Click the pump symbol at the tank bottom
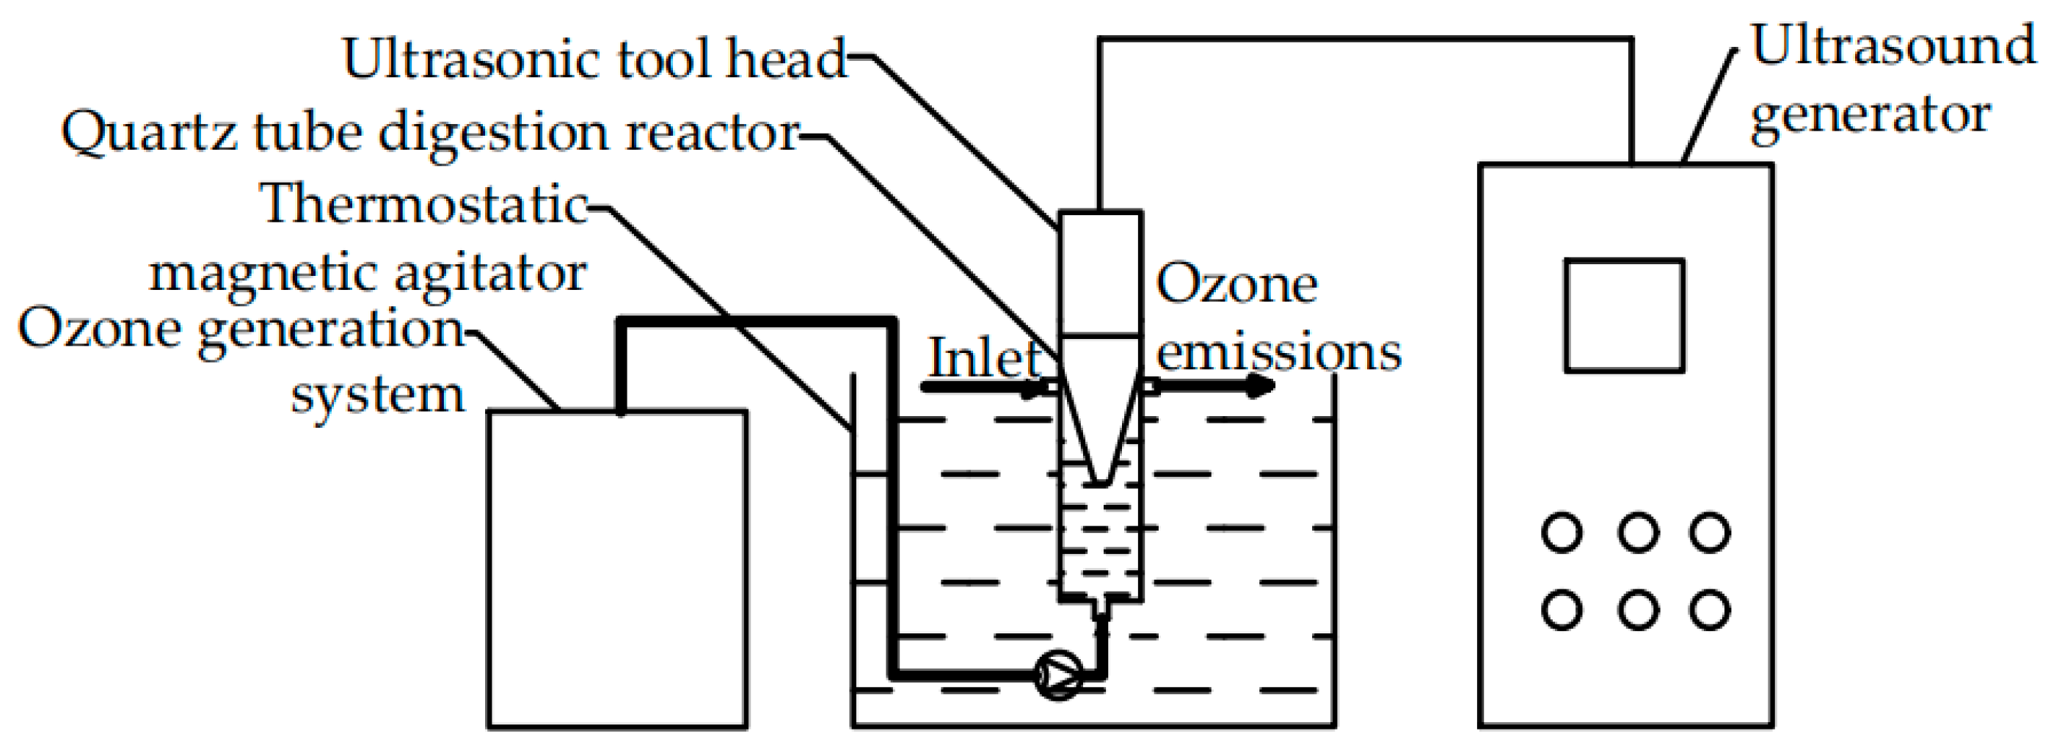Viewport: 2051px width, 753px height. (x=1057, y=676)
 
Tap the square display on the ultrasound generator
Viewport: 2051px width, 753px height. (x=1623, y=315)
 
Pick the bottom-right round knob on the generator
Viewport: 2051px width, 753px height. (x=1710, y=610)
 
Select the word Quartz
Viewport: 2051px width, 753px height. (x=149, y=133)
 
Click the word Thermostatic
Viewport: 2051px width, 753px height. (x=423, y=205)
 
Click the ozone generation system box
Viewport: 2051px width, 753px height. (x=617, y=568)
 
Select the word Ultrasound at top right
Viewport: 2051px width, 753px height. (x=1892, y=46)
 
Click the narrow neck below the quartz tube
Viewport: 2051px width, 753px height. (x=1099, y=609)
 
